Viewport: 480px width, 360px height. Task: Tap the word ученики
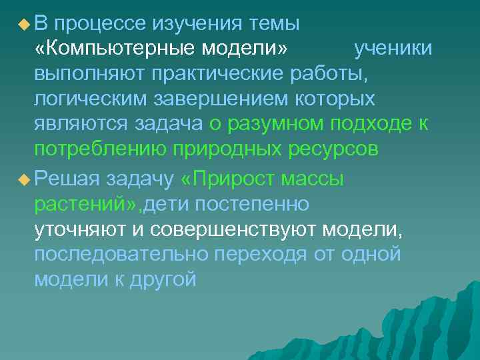click(x=393, y=49)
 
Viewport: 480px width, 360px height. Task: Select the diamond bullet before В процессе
click(x=24, y=25)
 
